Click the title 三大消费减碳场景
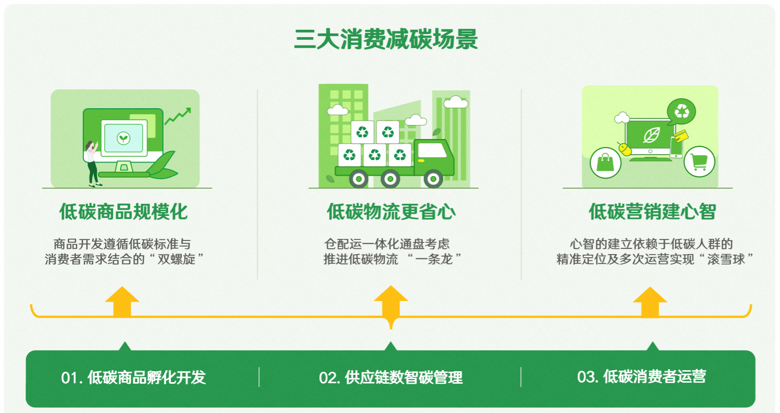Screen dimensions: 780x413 pyautogui.click(x=386, y=40)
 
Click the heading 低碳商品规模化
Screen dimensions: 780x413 pyautogui.click(x=124, y=212)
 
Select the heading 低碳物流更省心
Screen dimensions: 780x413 pyautogui.click(x=391, y=212)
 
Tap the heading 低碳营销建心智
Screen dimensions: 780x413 pyautogui.click(x=652, y=212)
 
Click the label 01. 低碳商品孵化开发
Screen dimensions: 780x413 pyautogui.click(x=133, y=377)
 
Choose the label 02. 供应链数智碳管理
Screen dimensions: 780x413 pyautogui.click(x=391, y=377)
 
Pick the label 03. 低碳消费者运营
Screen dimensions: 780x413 pyautogui.click(x=641, y=377)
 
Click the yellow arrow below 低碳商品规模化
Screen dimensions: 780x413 pyautogui.click(x=122, y=302)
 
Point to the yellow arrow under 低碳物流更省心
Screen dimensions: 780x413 pyautogui.click(x=391, y=303)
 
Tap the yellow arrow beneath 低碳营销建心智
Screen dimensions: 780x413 pyautogui.click(x=650, y=302)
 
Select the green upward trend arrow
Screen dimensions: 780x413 pyautogui.click(x=178, y=116)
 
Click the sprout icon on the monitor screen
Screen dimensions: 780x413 pyautogui.click(x=124, y=138)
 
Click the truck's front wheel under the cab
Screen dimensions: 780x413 pyautogui.click(x=433, y=178)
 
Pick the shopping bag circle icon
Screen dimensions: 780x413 pyautogui.click(x=606, y=163)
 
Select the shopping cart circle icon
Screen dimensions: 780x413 pyautogui.click(x=699, y=162)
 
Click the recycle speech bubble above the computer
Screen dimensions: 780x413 pyautogui.click(x=682, y=111)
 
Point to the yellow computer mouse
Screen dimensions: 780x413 pyautogui.click(x=625, y=149)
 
